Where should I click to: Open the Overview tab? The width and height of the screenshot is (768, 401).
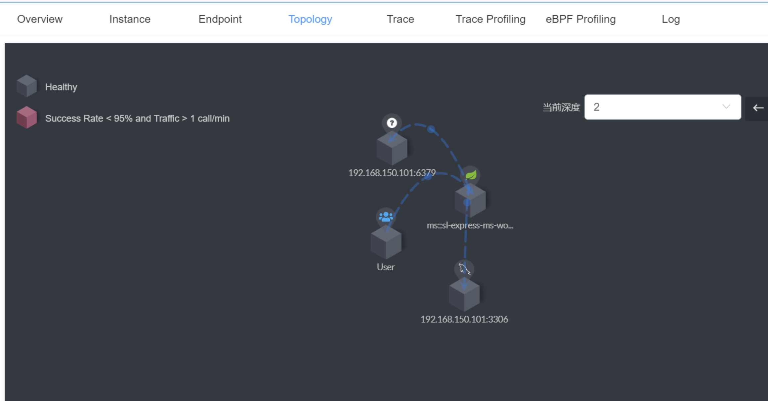pos(40,19)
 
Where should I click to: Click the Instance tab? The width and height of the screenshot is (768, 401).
pos(130,19)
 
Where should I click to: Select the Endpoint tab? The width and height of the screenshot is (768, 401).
pos(220,19)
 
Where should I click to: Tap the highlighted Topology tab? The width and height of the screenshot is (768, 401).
pos(310,19)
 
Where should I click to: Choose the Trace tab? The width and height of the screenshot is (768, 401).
pos(400,19)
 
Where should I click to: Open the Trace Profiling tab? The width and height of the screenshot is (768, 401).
pos(490,19)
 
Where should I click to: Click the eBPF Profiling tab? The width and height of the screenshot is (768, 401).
pos(580,19)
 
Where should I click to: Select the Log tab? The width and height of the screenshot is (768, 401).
pos(670,19)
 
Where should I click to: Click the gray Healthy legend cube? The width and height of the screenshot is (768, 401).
pos(26,86)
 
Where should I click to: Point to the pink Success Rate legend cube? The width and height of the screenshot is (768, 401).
pos(26,117)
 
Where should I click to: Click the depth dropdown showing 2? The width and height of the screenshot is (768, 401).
pos(662,107)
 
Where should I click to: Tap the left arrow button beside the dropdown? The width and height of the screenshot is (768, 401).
pos(758,108)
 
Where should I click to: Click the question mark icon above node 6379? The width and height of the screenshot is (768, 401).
pos(392,123)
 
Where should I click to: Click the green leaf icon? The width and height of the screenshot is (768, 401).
pos(470,175)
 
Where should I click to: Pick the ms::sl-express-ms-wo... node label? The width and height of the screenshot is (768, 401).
pos(470,226)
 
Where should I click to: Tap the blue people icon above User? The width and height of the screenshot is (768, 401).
pos(386,217)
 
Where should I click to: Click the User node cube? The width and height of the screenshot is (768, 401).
pos(386,243)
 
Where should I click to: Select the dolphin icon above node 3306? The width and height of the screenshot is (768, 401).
pos(464,269)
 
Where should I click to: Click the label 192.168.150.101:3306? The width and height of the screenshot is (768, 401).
pos(464,319)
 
